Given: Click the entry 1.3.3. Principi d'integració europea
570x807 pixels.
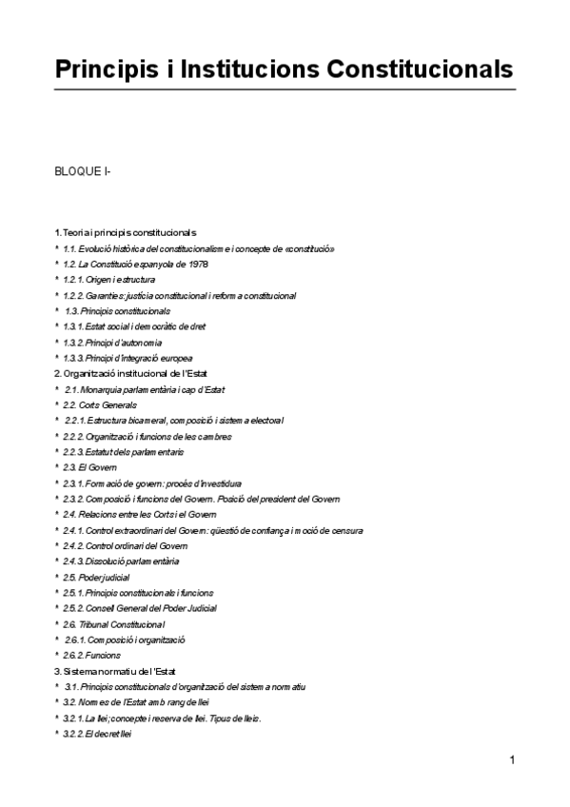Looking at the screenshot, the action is tap(130, 358).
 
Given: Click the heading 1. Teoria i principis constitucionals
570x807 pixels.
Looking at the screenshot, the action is tap(125, 232).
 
